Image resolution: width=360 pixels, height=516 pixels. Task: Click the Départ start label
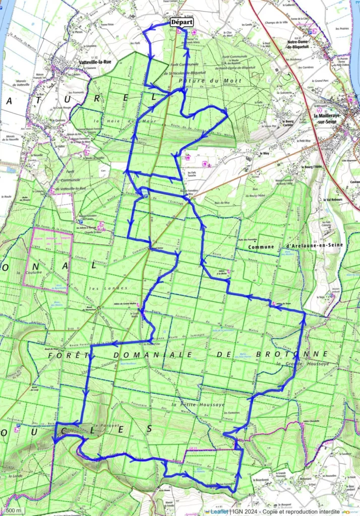183,22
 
